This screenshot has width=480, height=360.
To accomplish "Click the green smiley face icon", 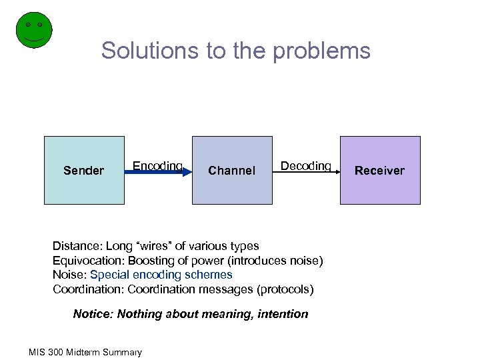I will coord(33,30).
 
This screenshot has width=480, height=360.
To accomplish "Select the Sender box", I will coord(84,170).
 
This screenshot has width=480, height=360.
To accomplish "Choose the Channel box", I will coord(232,170).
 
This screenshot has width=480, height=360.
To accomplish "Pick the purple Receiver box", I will coord(380,170).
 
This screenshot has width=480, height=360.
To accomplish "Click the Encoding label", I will coord(157,165).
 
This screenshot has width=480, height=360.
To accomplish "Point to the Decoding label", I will coord(305,165).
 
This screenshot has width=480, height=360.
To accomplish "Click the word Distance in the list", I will coord(75,247).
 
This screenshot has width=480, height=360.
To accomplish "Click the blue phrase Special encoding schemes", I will coord(161,275).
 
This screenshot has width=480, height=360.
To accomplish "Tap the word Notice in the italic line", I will coord(92,314).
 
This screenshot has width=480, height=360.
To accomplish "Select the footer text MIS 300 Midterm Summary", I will coord(85,352).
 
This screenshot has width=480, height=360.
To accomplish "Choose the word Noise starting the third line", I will coord(68,275).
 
